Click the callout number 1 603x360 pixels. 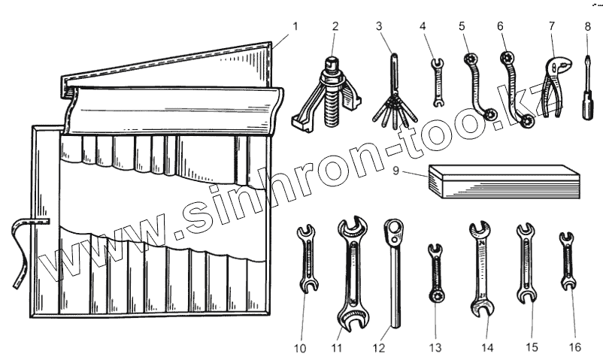[x=295, y=26]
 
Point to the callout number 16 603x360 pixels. [x=576, y=347]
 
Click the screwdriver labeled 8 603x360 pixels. [x=583, y=98]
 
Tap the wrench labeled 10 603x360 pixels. [x=307, y=259]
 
